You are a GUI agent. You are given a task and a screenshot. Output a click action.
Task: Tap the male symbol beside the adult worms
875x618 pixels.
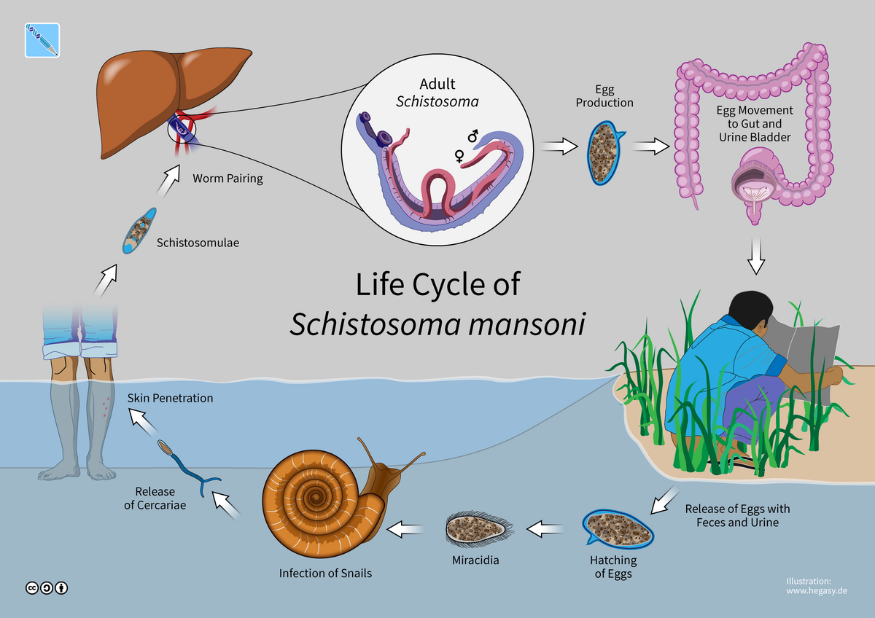tap(472, 136)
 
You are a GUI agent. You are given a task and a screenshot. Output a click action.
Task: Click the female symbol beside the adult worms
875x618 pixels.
tap(460, 155)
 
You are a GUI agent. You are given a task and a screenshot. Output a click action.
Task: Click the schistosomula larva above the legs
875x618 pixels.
tap(139, 231)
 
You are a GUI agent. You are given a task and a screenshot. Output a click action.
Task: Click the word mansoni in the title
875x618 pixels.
tap(521, 324)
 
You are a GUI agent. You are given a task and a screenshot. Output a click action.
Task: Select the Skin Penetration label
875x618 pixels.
tap(170, 398)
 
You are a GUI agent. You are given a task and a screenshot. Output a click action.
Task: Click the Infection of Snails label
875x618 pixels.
tap(325, 573)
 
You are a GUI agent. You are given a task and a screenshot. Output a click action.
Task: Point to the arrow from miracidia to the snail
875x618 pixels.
tap(405, 529)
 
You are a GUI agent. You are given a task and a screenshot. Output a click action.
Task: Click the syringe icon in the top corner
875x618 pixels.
tap(42, 40)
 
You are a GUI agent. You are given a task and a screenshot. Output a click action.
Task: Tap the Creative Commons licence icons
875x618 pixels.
tap(47, 587)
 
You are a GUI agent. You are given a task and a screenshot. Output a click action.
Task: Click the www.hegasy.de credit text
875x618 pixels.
tap(816, 592)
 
